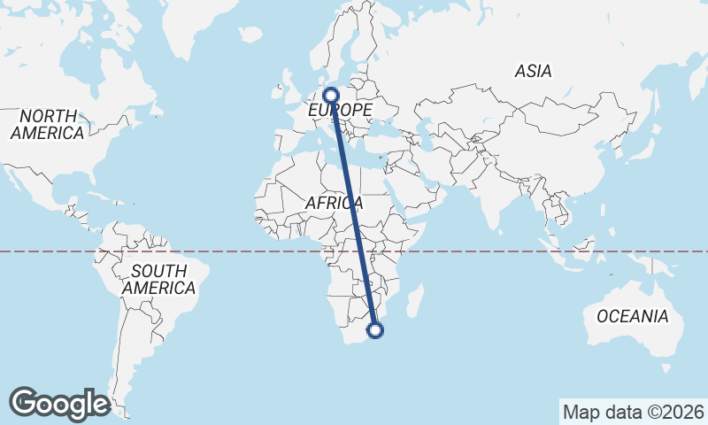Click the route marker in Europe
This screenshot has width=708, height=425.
pos(332,95)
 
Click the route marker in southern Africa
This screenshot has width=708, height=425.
pos(375,330)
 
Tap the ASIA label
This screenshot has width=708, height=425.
pos(533,72)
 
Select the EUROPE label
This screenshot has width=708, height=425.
pos(340,110)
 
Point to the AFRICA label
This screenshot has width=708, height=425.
pos(335,203)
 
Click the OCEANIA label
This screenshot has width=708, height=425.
pos(632,316)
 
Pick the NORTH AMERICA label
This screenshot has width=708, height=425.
pos(48,124)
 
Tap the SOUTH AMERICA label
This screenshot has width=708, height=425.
pos(158,279)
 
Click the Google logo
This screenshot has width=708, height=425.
pos(59,403)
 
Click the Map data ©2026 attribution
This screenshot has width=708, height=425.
pos(633,412)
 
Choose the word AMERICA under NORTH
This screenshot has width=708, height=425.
pos(48,133)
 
